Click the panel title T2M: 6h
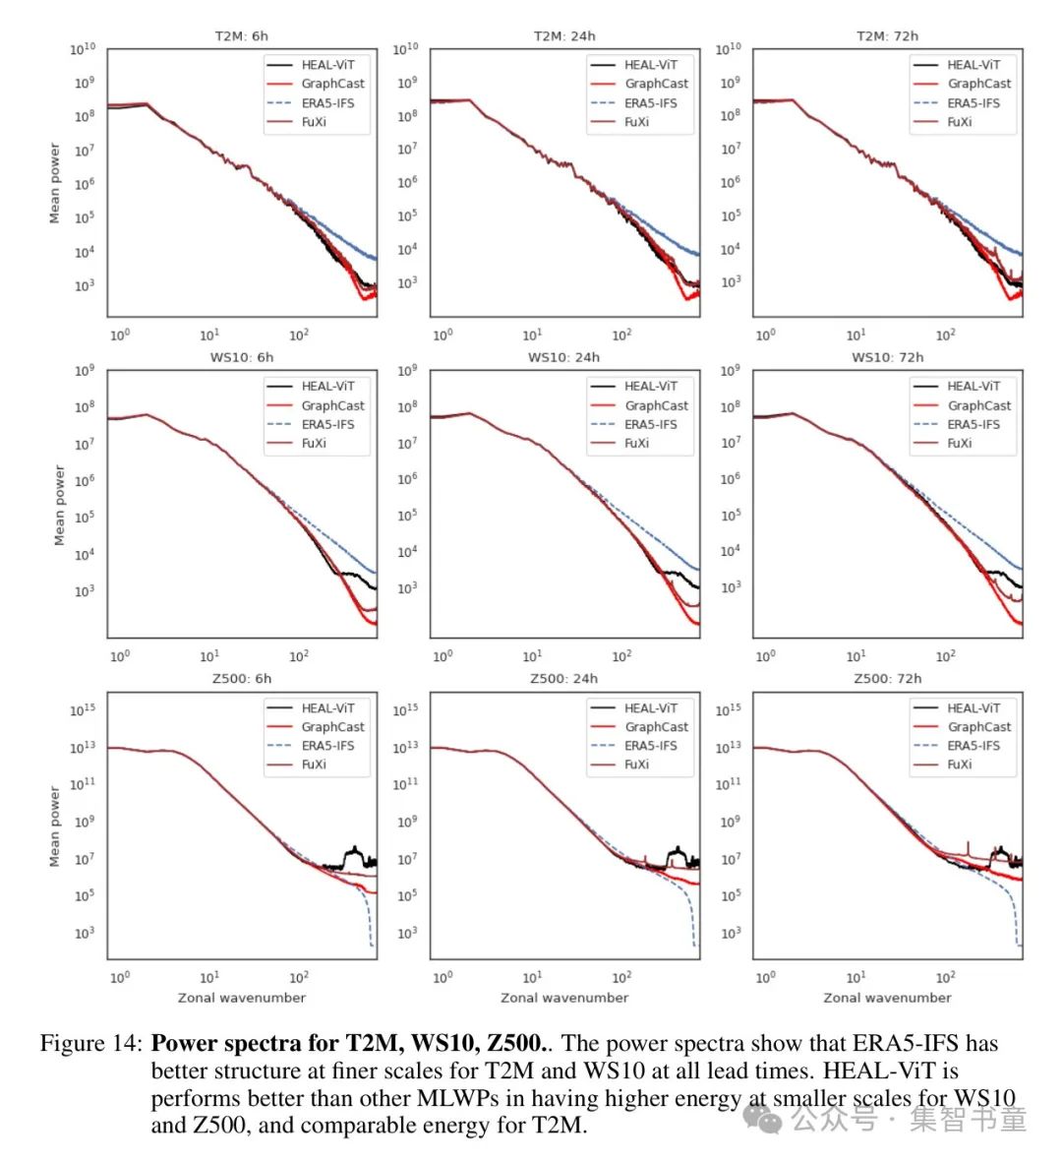click(x=241, y=36)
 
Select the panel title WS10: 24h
click(x=563, y=357)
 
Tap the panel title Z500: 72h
click(x=887, y=679)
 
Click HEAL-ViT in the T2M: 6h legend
click(x=327, y=65)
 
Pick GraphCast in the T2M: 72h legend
click(x=978, y=84)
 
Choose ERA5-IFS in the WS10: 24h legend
click(x=650, y=424)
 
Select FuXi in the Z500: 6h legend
click(x=314, y=764)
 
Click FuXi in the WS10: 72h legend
click(x=959, y=443)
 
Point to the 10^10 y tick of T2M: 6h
click(x=83, y=49)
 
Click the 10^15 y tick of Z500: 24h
click(x=405, y=709)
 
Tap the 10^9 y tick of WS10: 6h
click(x=85, y=371)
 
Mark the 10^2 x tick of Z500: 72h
click(x=945, y=977)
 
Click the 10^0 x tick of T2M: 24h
click(x=442, y=335)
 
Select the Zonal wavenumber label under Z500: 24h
click(x=563, y=998)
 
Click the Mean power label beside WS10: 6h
click(x=58, y=505)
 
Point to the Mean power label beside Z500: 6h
click(x=55, y=826)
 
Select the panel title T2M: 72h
click(x=887, y=36)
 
